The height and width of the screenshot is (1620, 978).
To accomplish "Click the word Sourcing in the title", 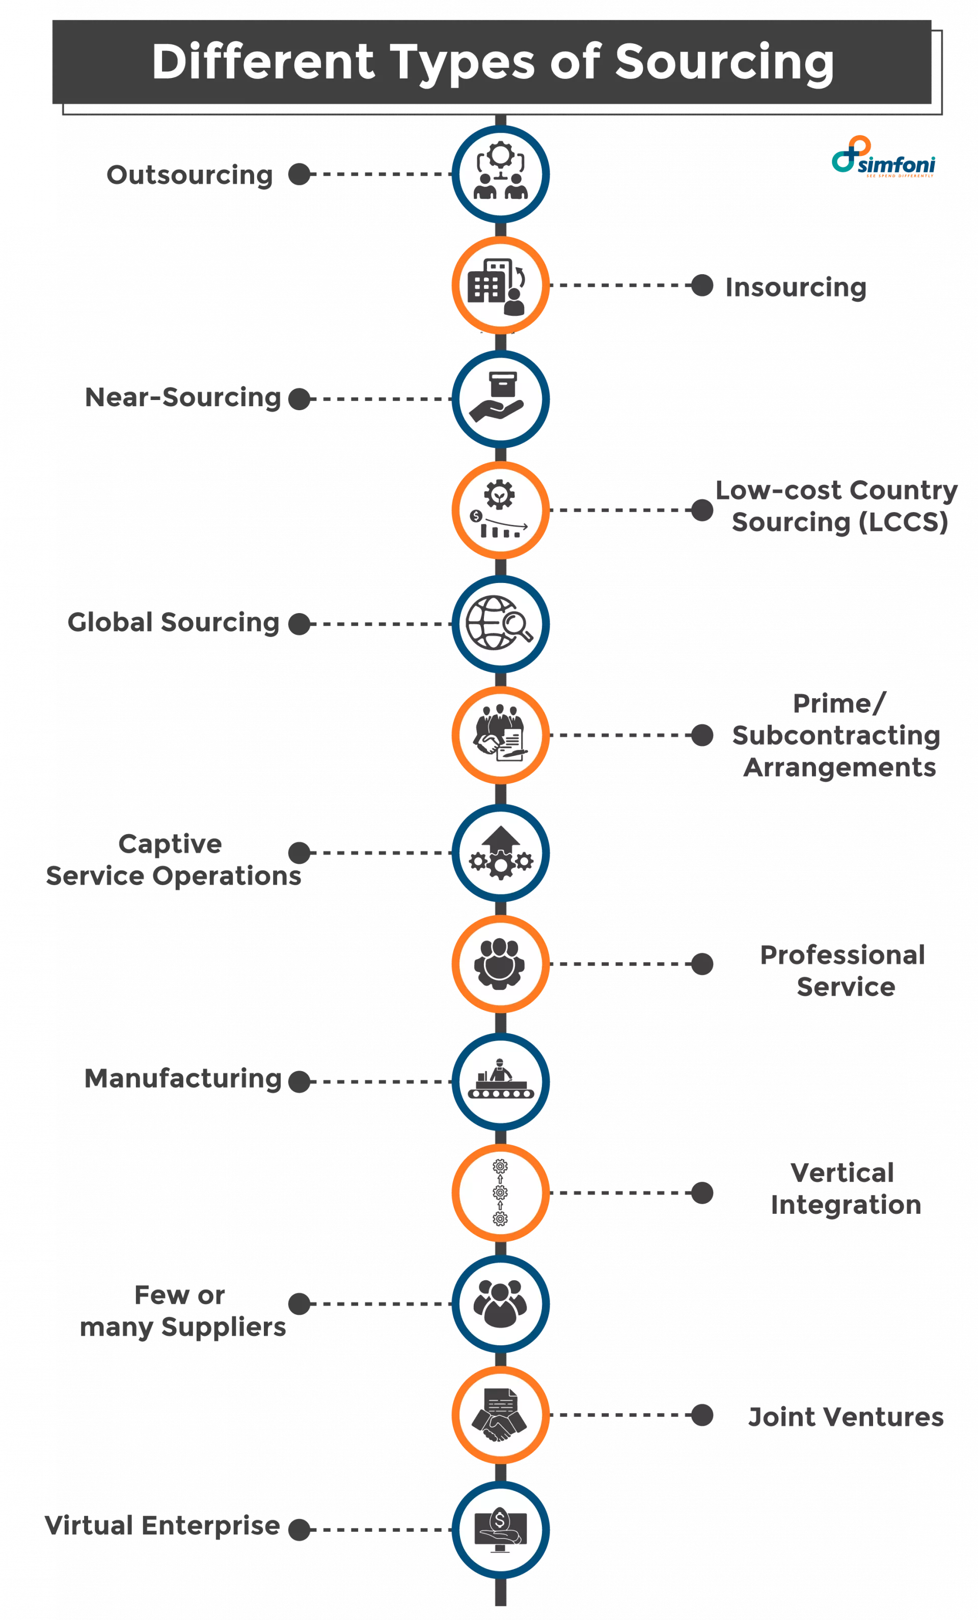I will (x=724, y=63).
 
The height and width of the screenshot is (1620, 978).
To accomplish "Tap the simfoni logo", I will (x=884, y=158).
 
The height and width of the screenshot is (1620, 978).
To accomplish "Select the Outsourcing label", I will (x=189, y=175).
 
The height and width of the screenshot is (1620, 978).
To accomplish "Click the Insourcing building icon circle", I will (x=500, y=286).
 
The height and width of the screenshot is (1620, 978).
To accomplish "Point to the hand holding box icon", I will (x=500, y=399).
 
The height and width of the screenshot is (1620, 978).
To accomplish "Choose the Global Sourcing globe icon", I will (x=500, y=623).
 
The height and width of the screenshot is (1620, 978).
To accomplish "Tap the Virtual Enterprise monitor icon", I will (x=500, y=1529).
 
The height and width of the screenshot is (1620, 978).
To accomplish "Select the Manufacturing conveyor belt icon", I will (x=500, y=1081).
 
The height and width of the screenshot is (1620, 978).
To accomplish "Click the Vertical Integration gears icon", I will (x=500, y=1192).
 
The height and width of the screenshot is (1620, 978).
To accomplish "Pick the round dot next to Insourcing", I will (x=702, y=286).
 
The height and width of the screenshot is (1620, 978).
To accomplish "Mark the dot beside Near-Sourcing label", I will (x=299, y=399).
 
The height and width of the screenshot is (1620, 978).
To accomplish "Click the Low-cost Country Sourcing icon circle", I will (x=500, y=510).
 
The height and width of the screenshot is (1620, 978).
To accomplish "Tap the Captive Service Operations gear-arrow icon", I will (x=500, y=853).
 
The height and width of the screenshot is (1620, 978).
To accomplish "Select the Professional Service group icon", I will (x=500, y=964).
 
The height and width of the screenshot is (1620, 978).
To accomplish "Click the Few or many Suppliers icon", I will (x=500, y=1304).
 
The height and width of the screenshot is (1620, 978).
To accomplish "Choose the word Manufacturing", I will (x=183, y=1079).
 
